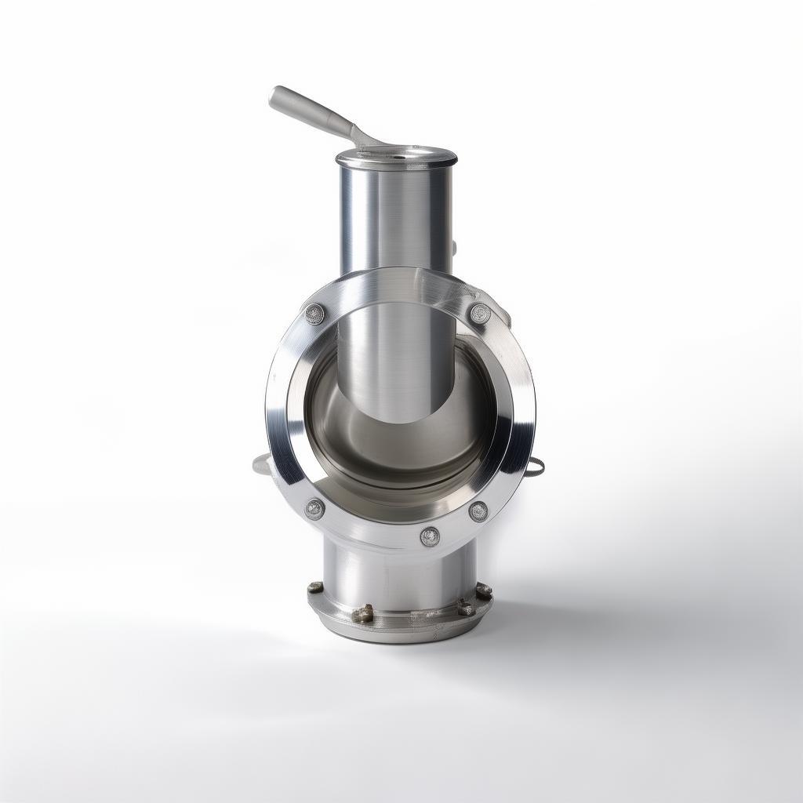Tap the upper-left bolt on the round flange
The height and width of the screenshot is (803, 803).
coord(314,314)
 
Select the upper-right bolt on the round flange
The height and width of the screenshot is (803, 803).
coord(479,314)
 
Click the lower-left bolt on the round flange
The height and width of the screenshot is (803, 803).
coord(314,509)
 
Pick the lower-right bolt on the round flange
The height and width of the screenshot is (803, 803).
coord(478,511)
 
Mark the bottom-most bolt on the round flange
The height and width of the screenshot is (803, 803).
coord(430,536)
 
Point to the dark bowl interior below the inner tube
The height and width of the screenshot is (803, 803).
coord(400,455)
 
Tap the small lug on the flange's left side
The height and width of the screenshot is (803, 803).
coord(260,464)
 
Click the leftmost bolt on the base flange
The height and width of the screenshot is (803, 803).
coord(315,587)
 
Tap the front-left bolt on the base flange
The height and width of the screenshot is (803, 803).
coord(362,613)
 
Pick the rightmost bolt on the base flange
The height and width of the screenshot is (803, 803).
coord(484,590)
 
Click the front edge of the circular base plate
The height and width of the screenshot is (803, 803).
coord(400,634)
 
